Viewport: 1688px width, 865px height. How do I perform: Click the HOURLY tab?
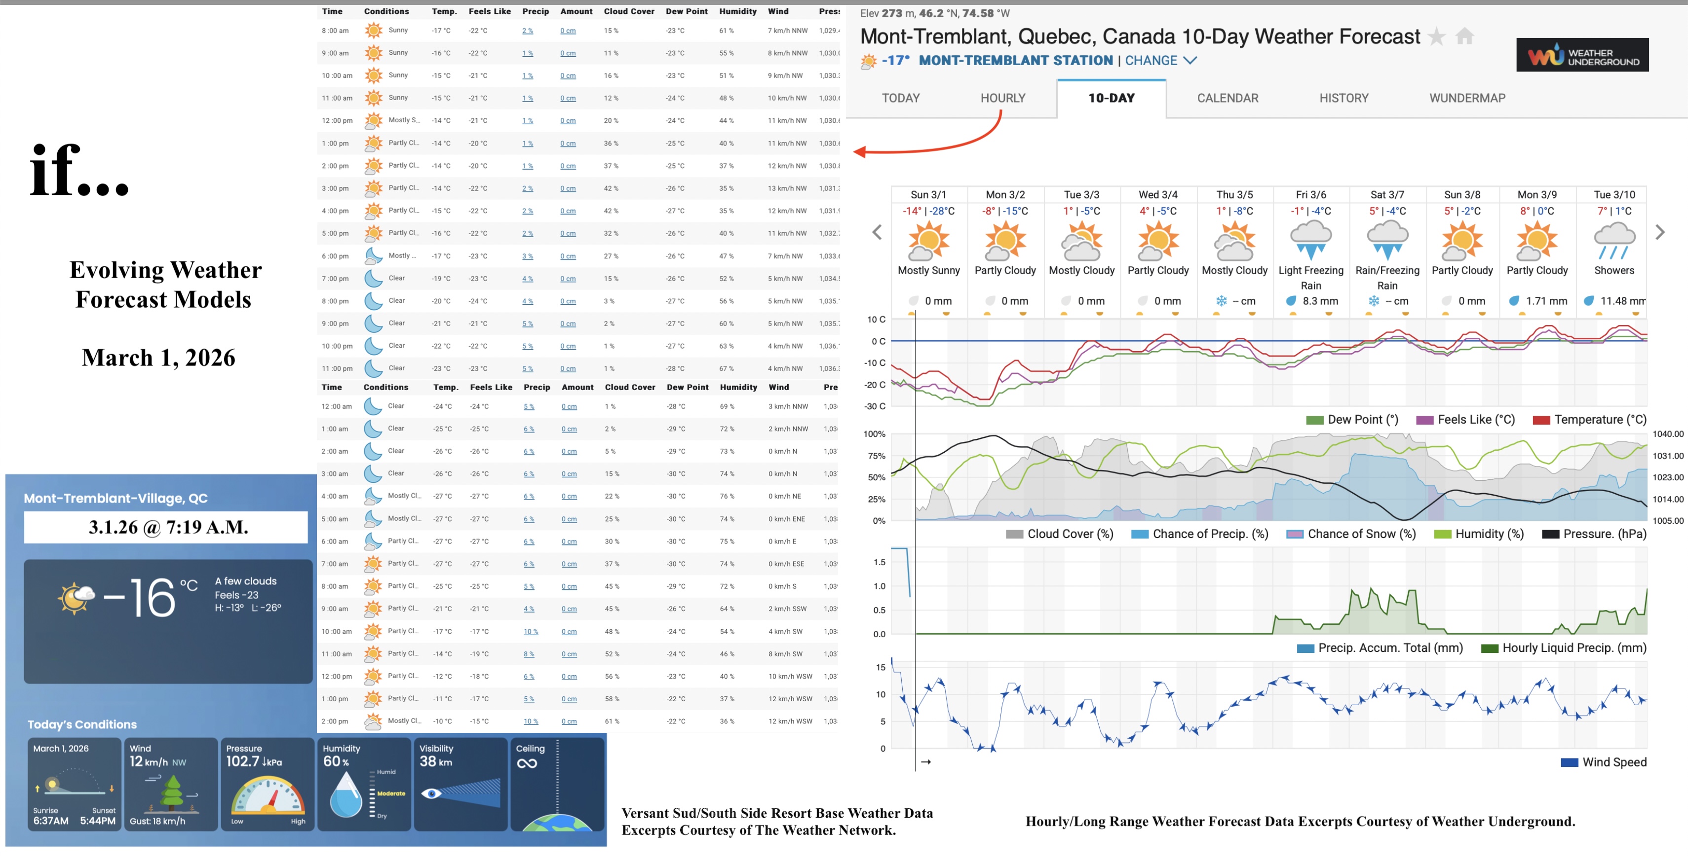coord(1002,98)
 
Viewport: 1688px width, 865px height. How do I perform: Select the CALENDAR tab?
coord(1228,98)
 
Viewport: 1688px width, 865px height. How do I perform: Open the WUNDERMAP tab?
coord(1467,98)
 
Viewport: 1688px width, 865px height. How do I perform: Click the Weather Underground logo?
coord(1582,55)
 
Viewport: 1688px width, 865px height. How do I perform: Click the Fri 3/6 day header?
coord(1310,194)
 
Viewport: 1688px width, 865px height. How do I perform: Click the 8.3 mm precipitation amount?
coord(1320,301)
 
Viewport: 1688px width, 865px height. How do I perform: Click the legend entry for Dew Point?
coord(1362,420)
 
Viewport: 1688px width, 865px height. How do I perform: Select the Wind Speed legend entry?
coord(1613,762)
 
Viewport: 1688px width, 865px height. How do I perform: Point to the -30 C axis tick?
coord(875,407)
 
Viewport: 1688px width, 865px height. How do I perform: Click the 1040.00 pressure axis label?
coord(1668,434)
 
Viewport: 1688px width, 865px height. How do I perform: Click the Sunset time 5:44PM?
coord(98,821)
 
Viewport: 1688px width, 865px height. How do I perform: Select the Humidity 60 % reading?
coord(336,761)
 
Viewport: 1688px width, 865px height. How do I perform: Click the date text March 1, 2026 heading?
coord(158,358)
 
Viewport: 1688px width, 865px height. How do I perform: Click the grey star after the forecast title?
coord(1436,36)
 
